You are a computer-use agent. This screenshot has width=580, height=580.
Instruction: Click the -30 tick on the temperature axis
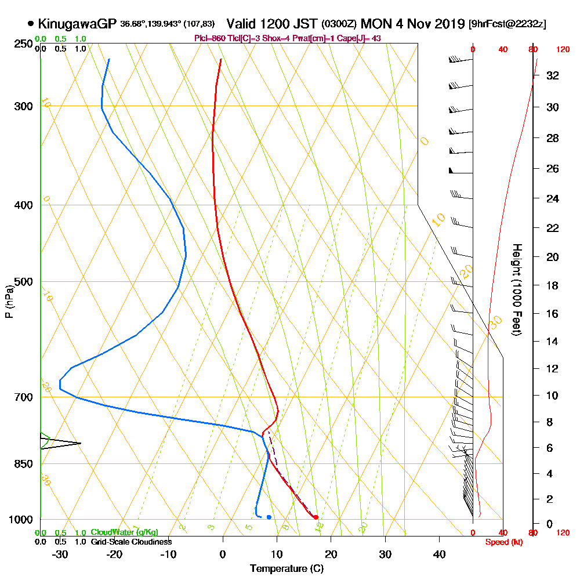pos(60,555)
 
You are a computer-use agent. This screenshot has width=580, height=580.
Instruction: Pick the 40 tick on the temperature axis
pos(439,555)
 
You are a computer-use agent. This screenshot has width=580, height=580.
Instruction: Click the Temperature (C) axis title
pos(287,568)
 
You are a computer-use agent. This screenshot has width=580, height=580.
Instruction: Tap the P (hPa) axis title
pos(9,302)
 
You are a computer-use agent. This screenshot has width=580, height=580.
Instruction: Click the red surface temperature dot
pos(316,517)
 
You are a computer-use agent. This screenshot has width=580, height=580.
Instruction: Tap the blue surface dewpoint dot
pos(269,517)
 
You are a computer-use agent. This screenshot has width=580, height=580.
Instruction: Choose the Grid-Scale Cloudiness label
pos(130,542)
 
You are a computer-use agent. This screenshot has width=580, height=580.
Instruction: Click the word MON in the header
pos(375,24)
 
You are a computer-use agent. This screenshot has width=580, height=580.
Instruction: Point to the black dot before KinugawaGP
pos(31,24)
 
